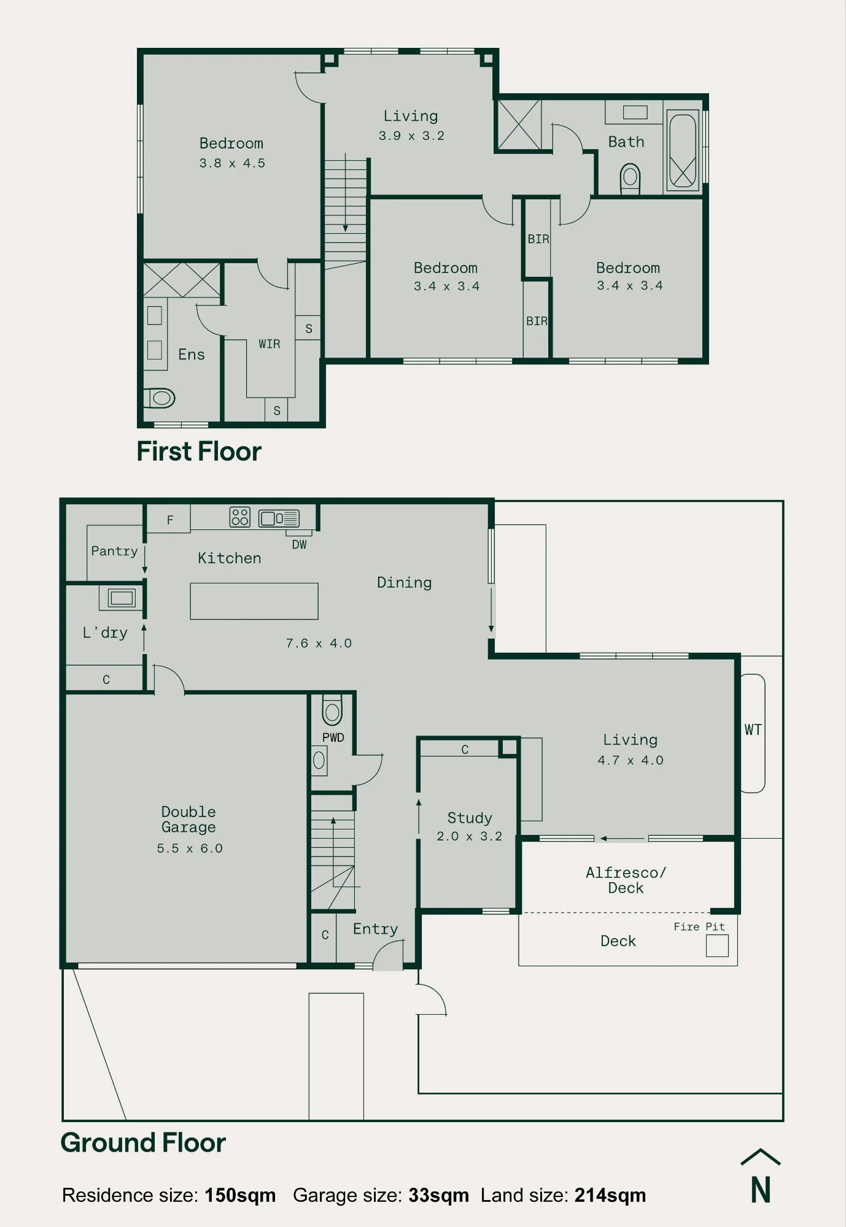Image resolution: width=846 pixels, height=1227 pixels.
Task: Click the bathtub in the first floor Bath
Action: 683,150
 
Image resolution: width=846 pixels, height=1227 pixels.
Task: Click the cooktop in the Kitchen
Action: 240,517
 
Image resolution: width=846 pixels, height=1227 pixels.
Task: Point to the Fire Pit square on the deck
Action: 717,945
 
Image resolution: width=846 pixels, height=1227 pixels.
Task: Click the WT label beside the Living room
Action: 753,730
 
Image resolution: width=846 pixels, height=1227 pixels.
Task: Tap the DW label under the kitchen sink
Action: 299,545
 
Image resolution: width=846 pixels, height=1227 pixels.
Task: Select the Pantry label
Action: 114,551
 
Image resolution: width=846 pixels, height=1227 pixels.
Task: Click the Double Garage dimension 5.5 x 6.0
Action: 190,848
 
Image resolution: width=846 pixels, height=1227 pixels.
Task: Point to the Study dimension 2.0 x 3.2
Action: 469,836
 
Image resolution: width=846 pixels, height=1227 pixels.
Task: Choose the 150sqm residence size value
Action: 240,1195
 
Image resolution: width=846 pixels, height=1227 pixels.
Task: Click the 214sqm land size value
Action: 610,1195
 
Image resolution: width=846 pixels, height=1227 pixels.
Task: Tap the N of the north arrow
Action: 761,1190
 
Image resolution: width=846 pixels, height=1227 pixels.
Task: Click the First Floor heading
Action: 199,452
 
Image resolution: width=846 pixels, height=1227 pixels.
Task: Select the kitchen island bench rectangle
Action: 254,601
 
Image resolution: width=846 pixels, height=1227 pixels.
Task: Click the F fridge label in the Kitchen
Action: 170,520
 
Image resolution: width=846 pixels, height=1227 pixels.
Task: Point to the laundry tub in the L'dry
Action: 121,598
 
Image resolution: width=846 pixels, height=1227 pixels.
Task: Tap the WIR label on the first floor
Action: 270,344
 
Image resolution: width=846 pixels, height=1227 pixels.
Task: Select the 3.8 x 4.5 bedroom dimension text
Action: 232,163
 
